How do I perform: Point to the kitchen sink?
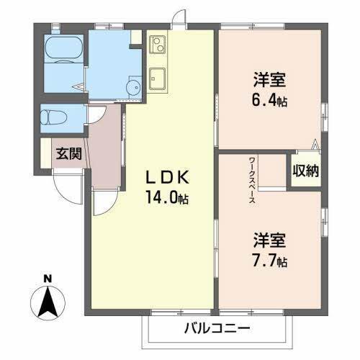[158, 77]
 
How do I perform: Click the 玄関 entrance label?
[68, 153]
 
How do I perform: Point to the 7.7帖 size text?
[269, 260]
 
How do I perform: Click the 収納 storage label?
[306, 171]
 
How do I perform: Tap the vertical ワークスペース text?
[251, 181]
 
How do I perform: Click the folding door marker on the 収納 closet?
[314, 144]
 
